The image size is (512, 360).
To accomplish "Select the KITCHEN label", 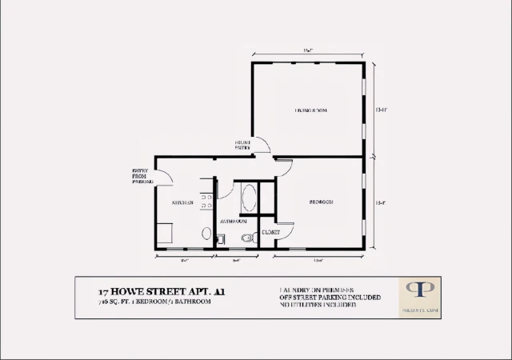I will [x=182, y=203].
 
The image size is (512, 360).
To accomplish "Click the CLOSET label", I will [x=270, y=232].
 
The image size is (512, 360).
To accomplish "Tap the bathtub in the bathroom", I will [x=248, y=198].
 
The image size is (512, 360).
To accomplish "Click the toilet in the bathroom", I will [x=246, y=238].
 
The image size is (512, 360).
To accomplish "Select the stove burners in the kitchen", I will [x=206, y=203].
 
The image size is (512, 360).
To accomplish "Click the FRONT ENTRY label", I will [x=242, y=145].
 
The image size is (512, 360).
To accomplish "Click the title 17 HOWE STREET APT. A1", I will [x=151, y=293].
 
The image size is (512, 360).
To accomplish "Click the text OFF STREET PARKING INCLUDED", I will [x=325, y=298].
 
